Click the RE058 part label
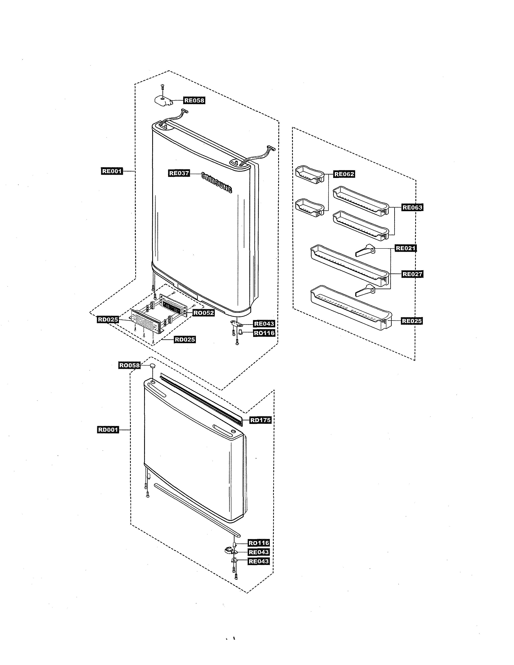click(x=194, y=101)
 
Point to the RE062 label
click(x=344, y=174)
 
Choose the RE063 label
click(x=412, y=208)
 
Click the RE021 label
click(x=406, y=248)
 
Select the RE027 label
click(x=412, y=274)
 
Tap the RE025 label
click(x=412, y=321)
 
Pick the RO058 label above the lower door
click(x=129, y=365)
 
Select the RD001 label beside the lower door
click(x=108, y=430)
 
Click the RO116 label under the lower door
click(x=259, y=543)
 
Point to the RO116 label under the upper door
click(x=264, y=333)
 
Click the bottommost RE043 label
click(x=259, y=561)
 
